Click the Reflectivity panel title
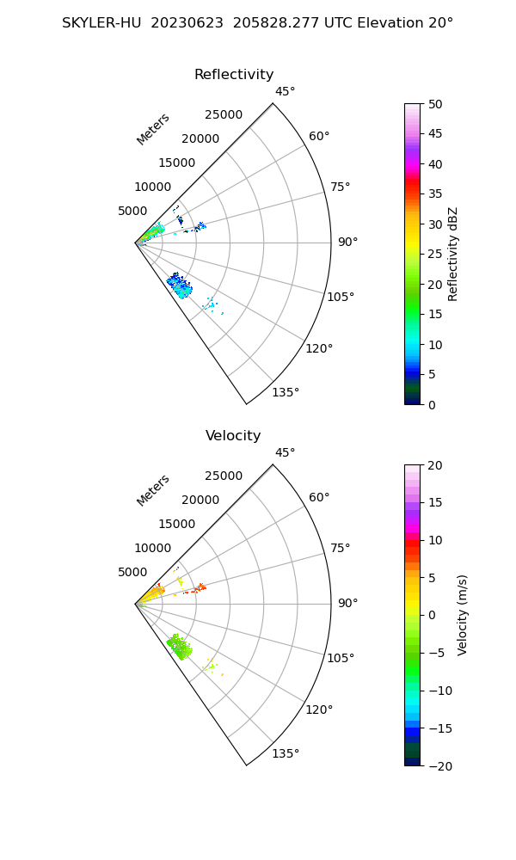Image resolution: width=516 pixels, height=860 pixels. [x=234, y=75]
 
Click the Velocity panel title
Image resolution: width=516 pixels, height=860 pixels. [x=233, y=436]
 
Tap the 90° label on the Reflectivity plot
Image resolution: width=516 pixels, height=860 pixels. [x=347, y=243]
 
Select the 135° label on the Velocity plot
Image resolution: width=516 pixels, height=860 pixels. [x=286, y=754]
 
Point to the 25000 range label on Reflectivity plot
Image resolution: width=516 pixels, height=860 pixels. [x=224, y=115]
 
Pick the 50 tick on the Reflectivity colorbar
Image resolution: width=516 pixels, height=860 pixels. [x=436, y=104]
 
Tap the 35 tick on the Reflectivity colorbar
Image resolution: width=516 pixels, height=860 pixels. [x=436, y=194]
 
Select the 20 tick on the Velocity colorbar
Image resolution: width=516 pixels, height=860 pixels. [x=436, y=465]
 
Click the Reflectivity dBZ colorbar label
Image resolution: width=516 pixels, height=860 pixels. [x=453, y=254]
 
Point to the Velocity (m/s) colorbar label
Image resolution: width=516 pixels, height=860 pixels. [x=463, y=615]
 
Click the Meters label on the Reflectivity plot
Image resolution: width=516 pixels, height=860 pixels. [x=153, y=129]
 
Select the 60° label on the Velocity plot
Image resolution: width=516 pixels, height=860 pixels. [x=319, y=498]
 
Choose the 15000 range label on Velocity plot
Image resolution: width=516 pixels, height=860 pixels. [x=177, y=524]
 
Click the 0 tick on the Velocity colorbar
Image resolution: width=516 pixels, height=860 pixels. [x=433, y=615]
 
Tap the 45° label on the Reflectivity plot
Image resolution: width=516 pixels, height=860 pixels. [x=285, y=92]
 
